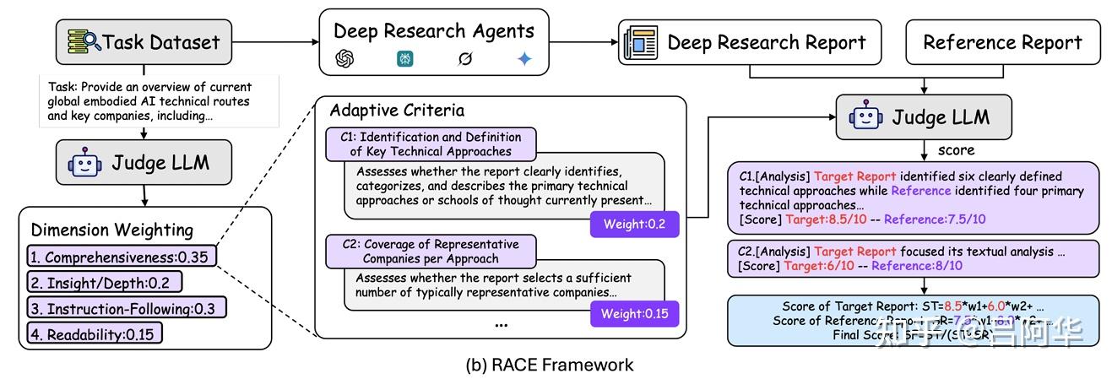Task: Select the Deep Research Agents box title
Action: tap(434, 31)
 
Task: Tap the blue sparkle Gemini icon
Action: tap(525, 59)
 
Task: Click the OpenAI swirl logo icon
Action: tap(344, 59)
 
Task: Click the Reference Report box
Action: tap(1002, 41)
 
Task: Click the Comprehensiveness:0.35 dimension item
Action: tap(121, 256)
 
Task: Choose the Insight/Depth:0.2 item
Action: tap(104, 282)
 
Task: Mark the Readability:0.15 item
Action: tap(94, 333)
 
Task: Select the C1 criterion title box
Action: tap(431, 143)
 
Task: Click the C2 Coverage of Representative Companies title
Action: tap(431, 251)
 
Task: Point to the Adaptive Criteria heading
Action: tap(397, 111)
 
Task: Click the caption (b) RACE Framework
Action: tap(549, 365)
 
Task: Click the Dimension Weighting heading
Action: tap(112, 230)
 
